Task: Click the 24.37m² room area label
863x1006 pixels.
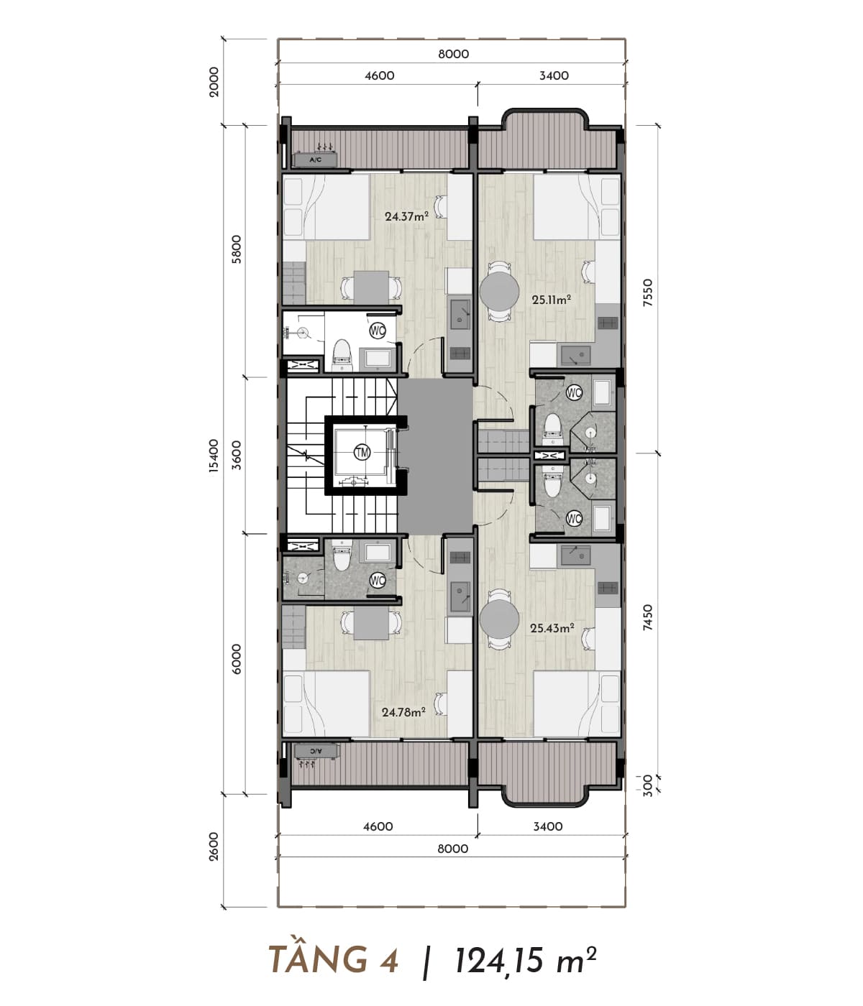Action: (x=406, y=216)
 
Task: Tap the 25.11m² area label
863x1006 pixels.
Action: (x=552, y=300)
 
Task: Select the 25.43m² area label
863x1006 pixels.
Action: (x=552, y=628)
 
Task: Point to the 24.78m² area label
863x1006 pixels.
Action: (x=403, y=712)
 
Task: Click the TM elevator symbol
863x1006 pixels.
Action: (x=362, y=452)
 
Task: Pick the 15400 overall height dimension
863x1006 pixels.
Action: (x=214, y=456)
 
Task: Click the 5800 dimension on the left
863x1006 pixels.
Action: (x=236, y=249)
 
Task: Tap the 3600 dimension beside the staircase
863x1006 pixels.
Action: (x=236, y=455)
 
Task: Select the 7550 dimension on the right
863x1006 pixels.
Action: (x=647, y=292)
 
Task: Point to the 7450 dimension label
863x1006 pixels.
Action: (x=647, y=618)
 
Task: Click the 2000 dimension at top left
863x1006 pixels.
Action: (x=214, y=82)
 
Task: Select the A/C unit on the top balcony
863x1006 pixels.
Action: (x=316, y=160)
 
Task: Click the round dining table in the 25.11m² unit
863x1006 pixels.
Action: (x=499, y=291)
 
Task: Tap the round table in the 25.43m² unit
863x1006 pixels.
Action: (x=499, y=619)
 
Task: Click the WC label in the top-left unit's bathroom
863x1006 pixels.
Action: (x=378, y=331)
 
